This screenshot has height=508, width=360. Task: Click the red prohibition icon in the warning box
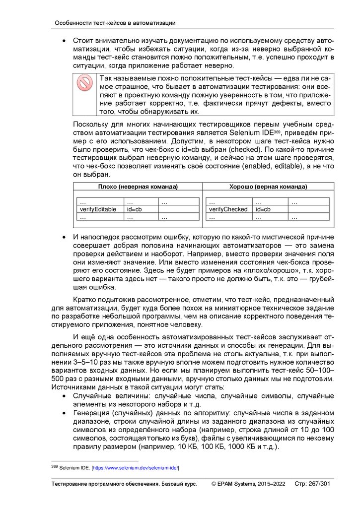point(85,83)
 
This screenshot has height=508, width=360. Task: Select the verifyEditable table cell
point(98,209)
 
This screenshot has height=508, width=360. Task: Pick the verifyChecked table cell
point(228,209)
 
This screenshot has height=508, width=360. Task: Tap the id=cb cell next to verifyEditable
point(134,209)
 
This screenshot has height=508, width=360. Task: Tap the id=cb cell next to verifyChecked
point(263,209)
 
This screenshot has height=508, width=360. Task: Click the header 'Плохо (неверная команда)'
point(138,187)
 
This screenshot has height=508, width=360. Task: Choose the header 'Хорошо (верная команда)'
point(268,187)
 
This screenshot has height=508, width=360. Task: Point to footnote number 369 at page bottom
point(55,467)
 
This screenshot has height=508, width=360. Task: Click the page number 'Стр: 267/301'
point(312,484)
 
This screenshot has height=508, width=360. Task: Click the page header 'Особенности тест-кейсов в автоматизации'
point(115,23)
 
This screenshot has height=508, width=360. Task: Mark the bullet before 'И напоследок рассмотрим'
point(64,238)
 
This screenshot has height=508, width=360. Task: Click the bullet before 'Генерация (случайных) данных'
point(64,413)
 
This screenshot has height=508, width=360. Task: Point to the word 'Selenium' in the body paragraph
point(246,133)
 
